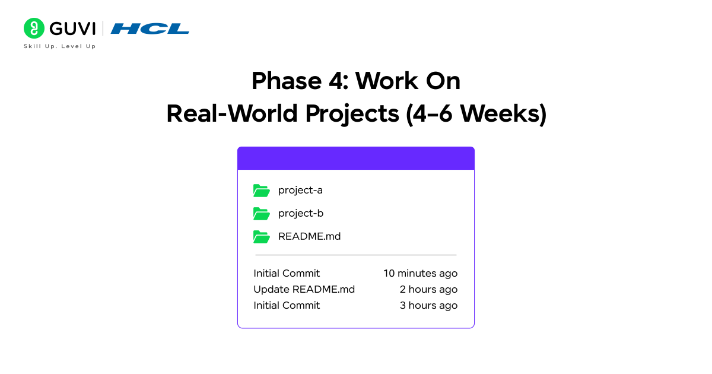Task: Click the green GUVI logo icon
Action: pyautogui.click(x=34, y=28)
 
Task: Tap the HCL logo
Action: pyautogui.click(x=150, y=28)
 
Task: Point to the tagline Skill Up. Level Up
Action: pyautogui.click(x=59, y=46)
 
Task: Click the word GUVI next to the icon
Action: pyautogui.click(x=72, y=28)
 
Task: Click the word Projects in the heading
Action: pyautogui.click(x=352, y=114)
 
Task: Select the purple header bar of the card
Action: pyautogui.click(x=356, y=159)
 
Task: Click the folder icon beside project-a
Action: pyautogui.click(x=261, y=191)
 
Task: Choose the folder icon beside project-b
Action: pyautogui.click(x=261, y=213)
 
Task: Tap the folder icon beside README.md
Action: pyautogui.click(x=261, y=236)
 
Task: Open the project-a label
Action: pyautogui.click(x=300, y=191)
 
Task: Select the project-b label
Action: pyautogui.click(x=301, y=213)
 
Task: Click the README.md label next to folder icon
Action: pyautogui.click(x=309, y=236)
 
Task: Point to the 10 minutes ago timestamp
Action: pyautogui.click(x=420, y=274)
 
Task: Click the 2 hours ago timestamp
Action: pyautogui.click(x=428, y=290)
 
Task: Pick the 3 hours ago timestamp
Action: pyautogui.click(x=428, y=306)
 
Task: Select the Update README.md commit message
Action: pyautogui.click(x=304, y=290)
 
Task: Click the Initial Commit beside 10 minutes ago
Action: pyautogui.click(x=287, y=274)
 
